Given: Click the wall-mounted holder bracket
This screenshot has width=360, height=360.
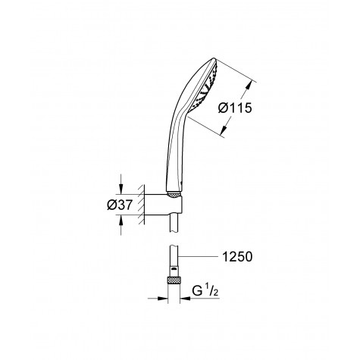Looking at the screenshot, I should click(163, 203).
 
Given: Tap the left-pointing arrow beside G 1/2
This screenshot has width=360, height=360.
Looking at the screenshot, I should click(193, 297).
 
